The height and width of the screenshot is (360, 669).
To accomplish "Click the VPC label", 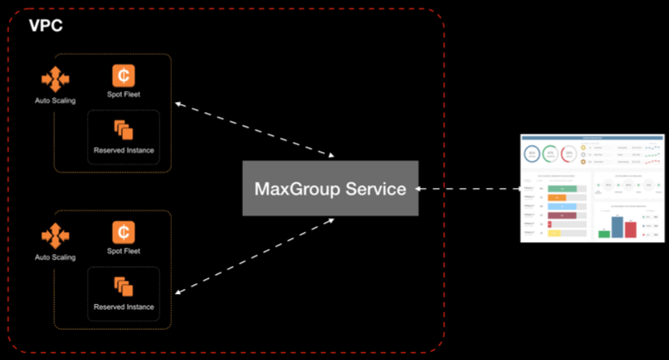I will pos(46,25).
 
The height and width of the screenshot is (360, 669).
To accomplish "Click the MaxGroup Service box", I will pos(330,188).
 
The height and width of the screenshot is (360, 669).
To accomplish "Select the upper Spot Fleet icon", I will pos(124,76).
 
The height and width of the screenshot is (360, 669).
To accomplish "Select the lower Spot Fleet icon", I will pos(124,231).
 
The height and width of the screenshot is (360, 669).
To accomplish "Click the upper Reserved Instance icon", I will pos(124,129).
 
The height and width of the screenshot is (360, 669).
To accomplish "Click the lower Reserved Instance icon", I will pos(124,286).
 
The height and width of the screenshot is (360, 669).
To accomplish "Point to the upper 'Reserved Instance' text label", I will pos(124,150).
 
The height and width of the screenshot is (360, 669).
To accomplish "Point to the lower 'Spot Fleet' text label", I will pos(124,251).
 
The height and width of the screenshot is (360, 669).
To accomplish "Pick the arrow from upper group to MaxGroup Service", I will pos(255,129).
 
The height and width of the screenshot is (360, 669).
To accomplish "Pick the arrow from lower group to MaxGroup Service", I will pos(255,255).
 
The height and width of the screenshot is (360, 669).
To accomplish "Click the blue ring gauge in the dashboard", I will pos(532,155).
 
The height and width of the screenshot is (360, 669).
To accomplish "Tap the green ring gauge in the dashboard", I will pos(550,155).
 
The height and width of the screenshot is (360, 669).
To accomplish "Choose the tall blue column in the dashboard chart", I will pos(618,226).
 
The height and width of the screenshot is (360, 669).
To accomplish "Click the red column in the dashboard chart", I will pos(631,230).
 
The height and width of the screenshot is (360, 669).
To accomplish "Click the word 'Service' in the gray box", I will pos(378,189).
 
